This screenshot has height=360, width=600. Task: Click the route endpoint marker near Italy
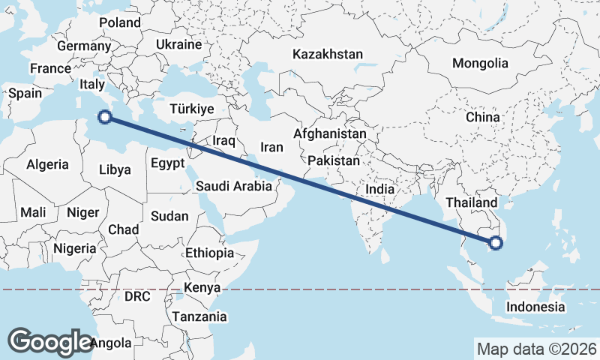click(x=106, y=116)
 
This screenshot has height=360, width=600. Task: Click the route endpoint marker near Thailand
click(x=495, y=242)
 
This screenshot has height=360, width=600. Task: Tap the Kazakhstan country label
click(x=328, y=55)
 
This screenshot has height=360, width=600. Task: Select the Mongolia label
click(x=479, y=63)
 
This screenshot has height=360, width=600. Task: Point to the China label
click(x=482, y=118)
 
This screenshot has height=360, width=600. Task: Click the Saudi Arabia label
click(x=233, y=186)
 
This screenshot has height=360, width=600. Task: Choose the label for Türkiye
click(x=192, y=109)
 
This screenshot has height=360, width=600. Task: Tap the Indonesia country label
click(x=535, y=307)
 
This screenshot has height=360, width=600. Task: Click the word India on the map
click(x=379, y=190)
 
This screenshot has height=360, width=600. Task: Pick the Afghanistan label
click(x=330, y=134)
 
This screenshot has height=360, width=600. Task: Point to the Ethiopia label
click(x=209, y=253)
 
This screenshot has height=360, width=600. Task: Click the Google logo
click(x=49, y=341)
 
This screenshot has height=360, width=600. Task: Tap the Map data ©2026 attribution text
click(x=537, y=349)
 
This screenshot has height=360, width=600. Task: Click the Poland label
click(x=120, y=22)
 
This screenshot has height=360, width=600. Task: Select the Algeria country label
click(x=48, y=164)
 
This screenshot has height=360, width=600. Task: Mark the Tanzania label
click(x=199, y=317)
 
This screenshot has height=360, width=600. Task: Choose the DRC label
click(x=137, y=297)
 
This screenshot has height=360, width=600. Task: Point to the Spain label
click(x=24, y=94)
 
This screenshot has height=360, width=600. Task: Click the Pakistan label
click(x=334, y=160)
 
